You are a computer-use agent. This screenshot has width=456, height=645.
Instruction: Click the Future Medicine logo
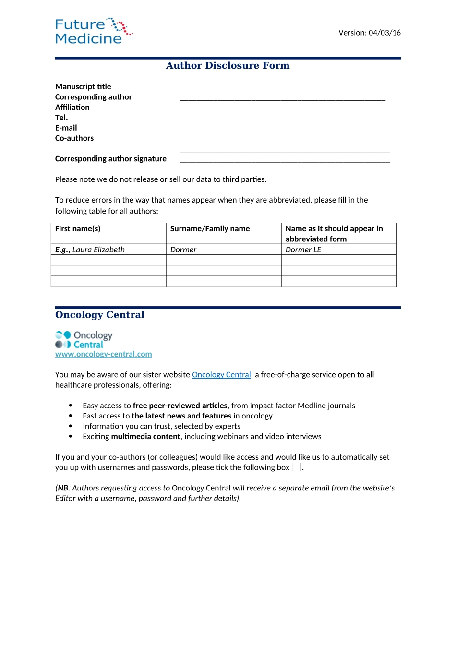click(x=93, y=31)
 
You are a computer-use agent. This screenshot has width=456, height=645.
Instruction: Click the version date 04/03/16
click(x=369, y=33)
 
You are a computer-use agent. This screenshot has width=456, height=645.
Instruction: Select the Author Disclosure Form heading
click(x=228, y=66)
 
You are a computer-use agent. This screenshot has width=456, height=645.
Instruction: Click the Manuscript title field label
click(x=83, y=87)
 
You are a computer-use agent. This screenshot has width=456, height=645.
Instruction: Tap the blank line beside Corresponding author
click(x=282, y=98)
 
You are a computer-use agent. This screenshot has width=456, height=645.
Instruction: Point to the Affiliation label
click(x=72, y=107)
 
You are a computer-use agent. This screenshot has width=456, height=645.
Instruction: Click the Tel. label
click(x=61, y=118)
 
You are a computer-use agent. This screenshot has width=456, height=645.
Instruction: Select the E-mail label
click(x=66, y=128)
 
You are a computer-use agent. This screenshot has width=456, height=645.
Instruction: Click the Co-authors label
click(x=74, y=138)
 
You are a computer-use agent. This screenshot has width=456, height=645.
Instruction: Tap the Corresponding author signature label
click(x=111, y=159)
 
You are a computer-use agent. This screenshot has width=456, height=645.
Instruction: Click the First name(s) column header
click(x=78, y=229)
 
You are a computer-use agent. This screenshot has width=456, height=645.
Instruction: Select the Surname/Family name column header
click(x=210, y=229)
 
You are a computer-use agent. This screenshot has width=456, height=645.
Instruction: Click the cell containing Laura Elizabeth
click(x=98, y=250)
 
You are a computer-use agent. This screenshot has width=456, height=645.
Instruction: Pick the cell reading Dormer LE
click(x=303, y=250)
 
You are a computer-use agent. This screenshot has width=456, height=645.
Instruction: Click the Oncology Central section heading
click(x=100, y=315)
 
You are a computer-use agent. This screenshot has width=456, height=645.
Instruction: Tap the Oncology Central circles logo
click(x=63, y=340)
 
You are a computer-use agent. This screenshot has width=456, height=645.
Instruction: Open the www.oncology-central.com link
click(x=104, y=354)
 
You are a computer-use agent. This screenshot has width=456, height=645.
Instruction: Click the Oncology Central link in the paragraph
click(x=221, y=375)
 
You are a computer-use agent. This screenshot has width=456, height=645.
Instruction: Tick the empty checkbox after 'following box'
click(x=297, y=467)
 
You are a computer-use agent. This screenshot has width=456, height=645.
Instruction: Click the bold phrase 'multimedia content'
click(x=145, y=437)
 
